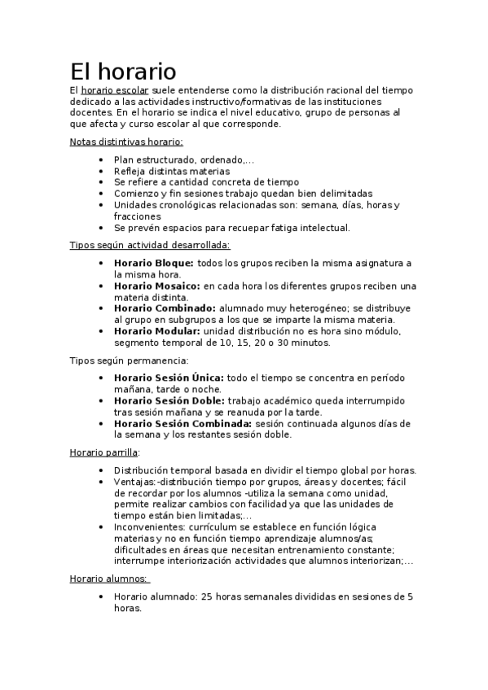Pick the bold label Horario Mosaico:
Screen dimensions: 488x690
(157, 286)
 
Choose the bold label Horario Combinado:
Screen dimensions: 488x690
(165, 309)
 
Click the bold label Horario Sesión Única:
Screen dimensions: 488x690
(169, 378)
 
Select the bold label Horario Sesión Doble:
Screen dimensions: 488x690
(169, 401)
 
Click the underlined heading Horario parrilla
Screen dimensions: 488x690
(104, 452)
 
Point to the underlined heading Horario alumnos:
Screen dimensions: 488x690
(108, 579)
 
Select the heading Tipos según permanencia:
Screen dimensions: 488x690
(130, 360)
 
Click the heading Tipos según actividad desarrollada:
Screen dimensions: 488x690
(150, 245)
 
